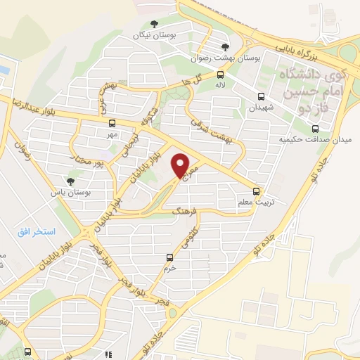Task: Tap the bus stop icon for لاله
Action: (220, 74)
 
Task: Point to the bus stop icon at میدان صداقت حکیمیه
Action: (314, 129)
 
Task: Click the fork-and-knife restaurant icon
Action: (108, 356)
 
